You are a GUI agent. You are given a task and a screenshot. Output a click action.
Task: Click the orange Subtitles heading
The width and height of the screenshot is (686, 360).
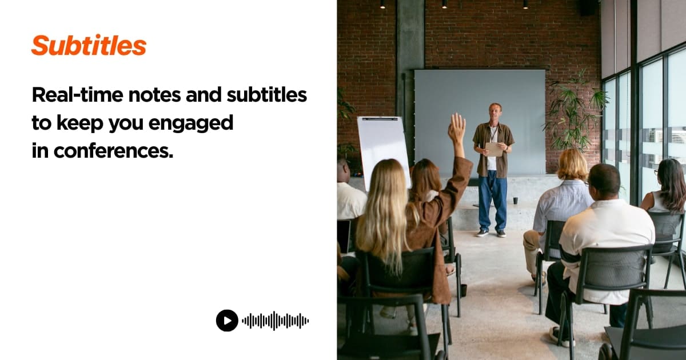(89, 46)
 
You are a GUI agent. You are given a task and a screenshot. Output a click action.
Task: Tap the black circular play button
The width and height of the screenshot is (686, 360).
(227, 321)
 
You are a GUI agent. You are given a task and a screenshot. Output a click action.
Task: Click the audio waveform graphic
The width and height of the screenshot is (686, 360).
(275, 321)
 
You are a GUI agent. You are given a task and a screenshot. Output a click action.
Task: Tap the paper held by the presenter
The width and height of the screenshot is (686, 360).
(493, 149)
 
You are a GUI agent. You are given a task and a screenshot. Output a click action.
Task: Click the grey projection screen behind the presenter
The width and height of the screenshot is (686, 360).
(452, 114)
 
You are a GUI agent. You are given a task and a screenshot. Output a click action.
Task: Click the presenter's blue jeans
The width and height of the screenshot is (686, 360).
(492, 197)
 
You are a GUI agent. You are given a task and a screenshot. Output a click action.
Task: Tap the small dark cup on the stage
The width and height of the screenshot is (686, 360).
(515, 200)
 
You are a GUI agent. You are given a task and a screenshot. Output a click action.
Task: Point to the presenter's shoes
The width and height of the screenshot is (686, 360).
(492, 233)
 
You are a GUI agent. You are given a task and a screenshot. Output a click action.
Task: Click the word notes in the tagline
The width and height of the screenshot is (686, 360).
(155, 95)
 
